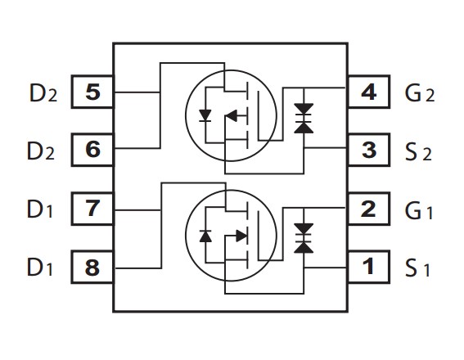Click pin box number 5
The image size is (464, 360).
(x=92, y=92)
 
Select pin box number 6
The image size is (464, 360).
(x=92, y=150)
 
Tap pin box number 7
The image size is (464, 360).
(x=92, y=209)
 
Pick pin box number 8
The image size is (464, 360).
(x=92, y=267)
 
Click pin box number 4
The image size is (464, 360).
(x=369, y=92)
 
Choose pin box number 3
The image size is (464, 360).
(x=369, y=150)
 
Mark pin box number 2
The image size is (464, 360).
(x=369, y=209)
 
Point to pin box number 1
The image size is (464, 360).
(x=369, y=267)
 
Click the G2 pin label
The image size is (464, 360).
(x=420, y=93)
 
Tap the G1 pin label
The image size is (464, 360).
(x=419, y=210)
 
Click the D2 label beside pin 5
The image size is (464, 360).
(x=43, y=93)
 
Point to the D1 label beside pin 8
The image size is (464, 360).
(x=40, y=267)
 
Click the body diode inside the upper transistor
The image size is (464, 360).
(x=205, y=115)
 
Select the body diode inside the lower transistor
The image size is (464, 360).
(x=205, y=236)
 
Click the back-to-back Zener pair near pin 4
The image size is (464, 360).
(x=304, y=118)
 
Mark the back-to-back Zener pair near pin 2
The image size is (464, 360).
(x=304, y=238)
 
